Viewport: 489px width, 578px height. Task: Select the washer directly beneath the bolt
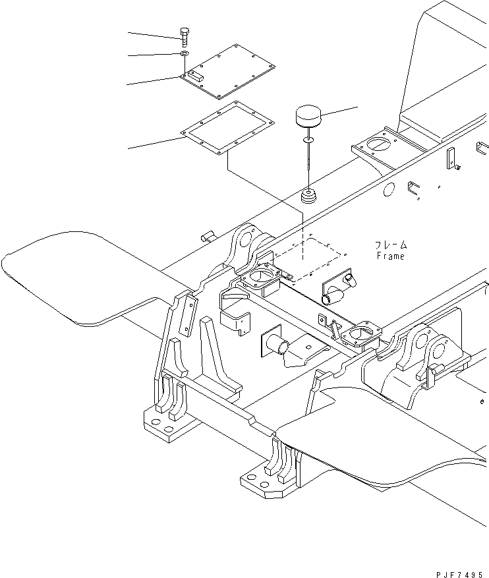[x=185, y=54]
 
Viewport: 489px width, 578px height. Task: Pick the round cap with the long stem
[x=308, y=119]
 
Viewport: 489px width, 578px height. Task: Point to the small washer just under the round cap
[x=308, y=140]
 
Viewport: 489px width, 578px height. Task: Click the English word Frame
[x=390, y=256]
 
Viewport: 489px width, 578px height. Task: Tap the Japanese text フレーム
[x=391, y=245]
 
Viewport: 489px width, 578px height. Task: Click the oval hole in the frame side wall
[x=388, y=190]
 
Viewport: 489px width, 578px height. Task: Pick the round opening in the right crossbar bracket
[x=360, y=332]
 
